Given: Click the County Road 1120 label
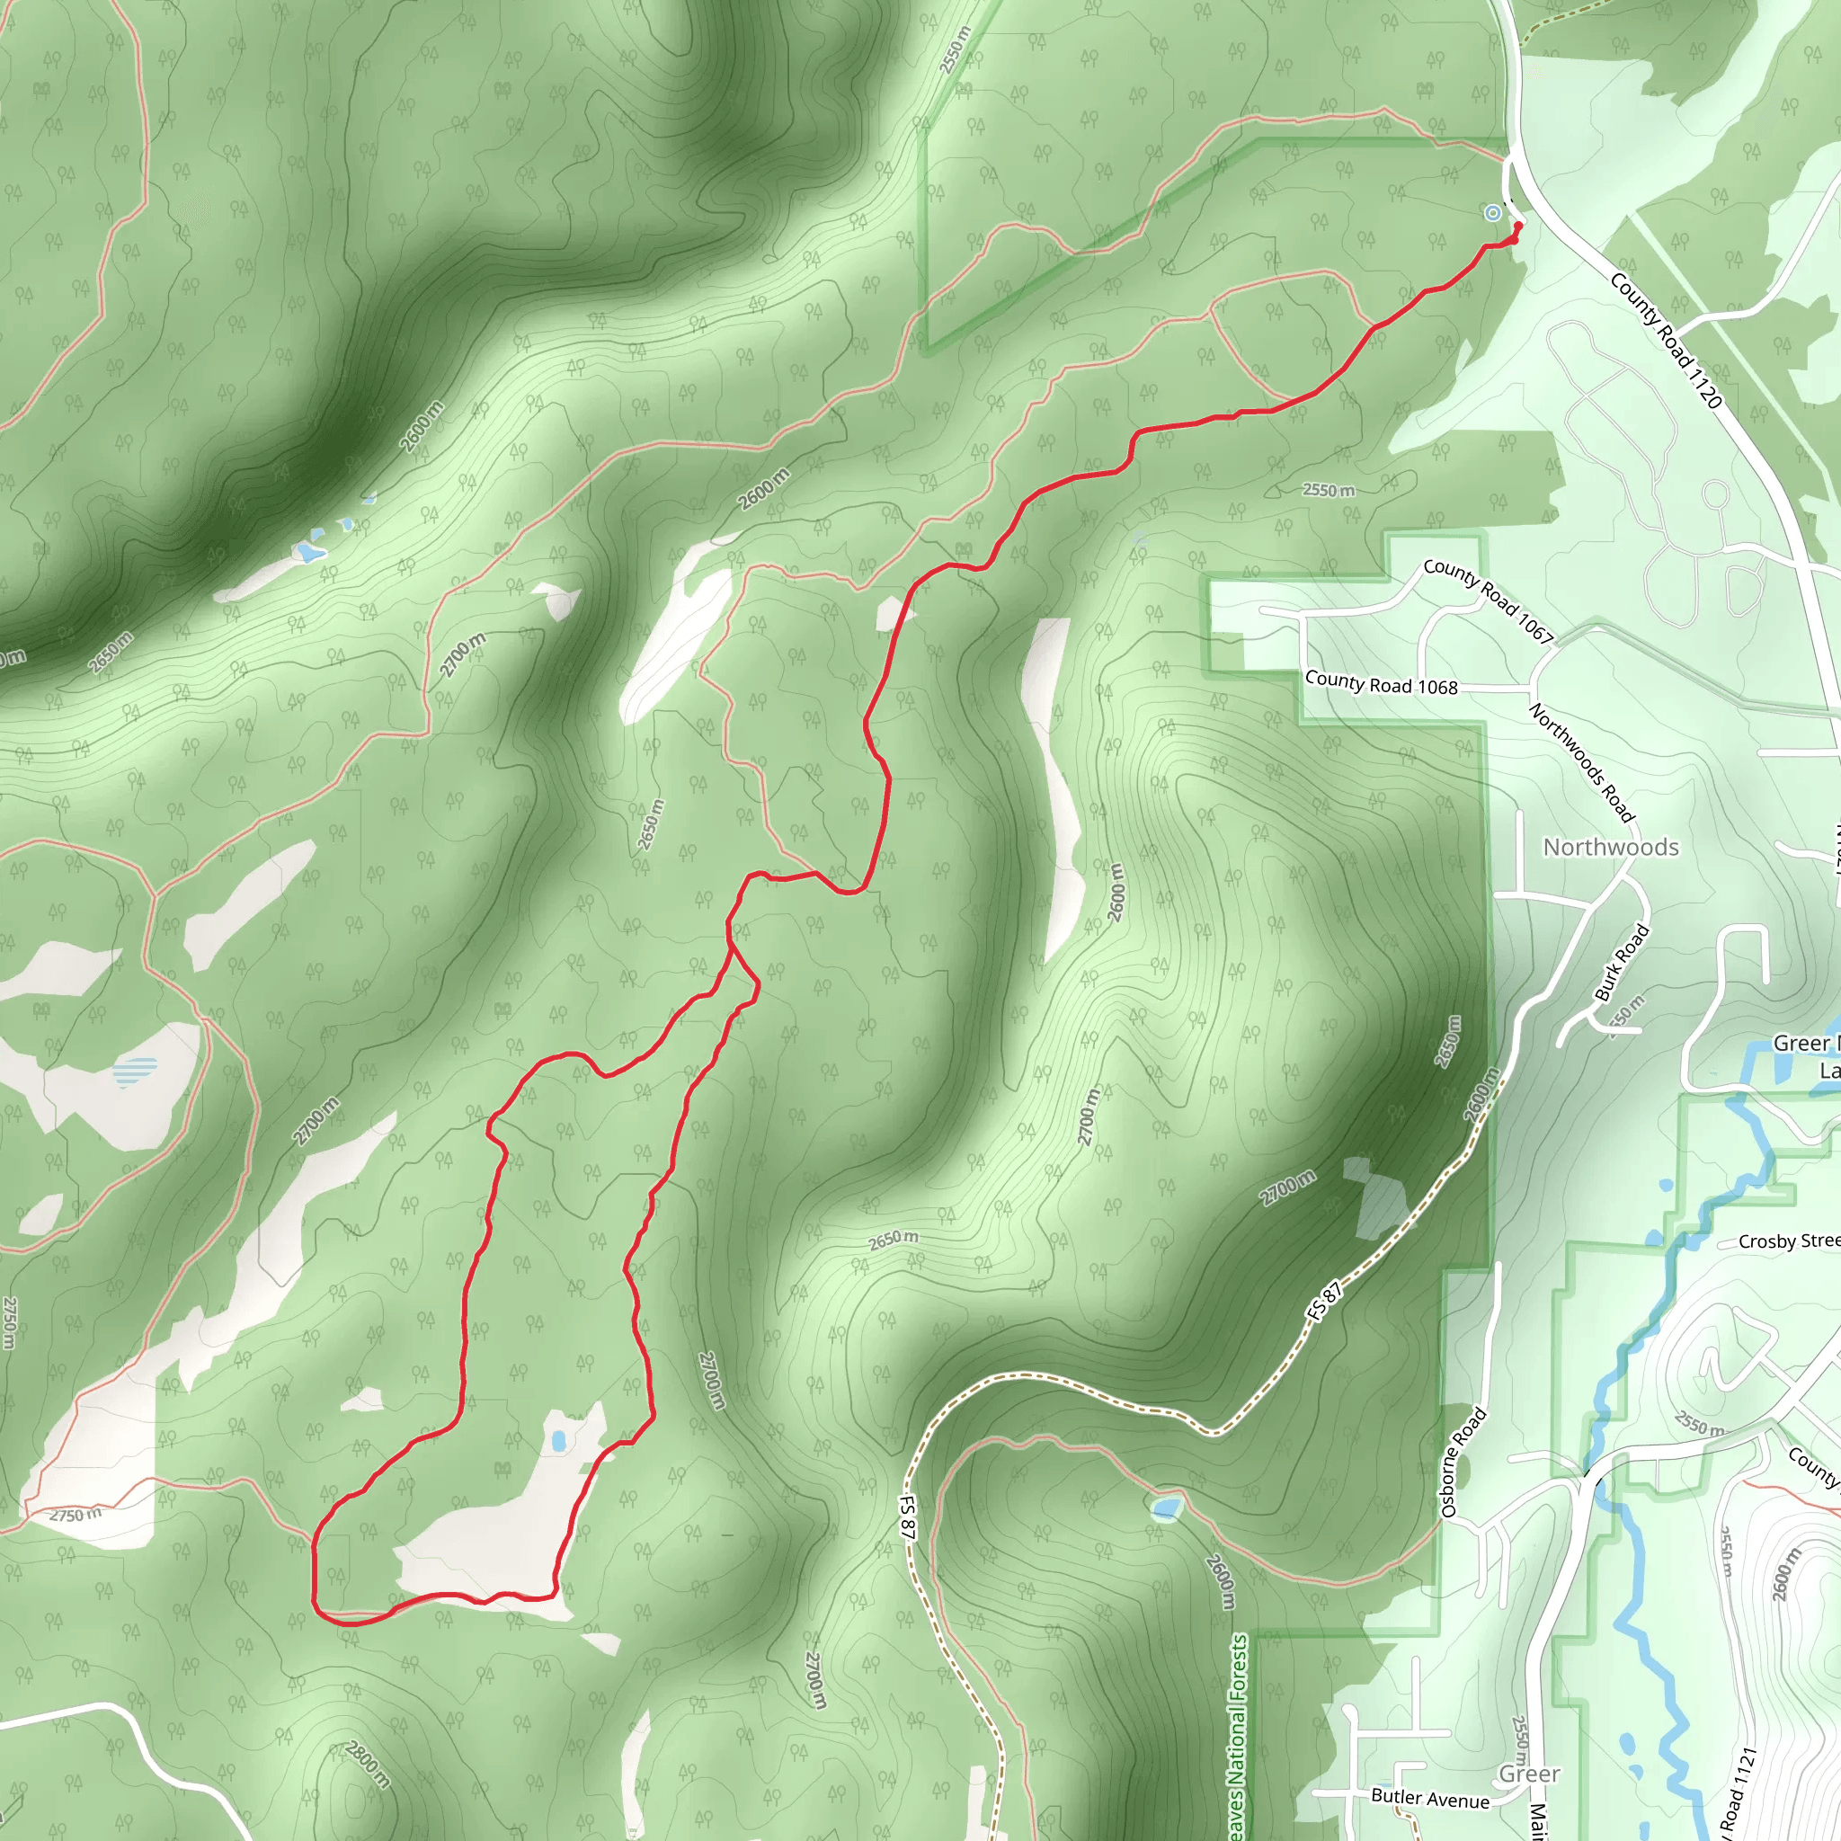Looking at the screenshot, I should [x=1666, y=340].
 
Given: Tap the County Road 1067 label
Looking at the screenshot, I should [x=1488, y=600].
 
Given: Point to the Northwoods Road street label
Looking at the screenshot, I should [x=1582, y=762].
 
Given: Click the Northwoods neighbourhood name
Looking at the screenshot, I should [x=1610, y=847].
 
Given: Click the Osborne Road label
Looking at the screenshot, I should [x=1463, y=1463].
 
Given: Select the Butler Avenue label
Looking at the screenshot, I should [x=1429, y=1797].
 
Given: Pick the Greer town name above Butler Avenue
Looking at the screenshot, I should [x=1529, y=1774].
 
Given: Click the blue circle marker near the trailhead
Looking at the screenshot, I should [x=1492, y=213].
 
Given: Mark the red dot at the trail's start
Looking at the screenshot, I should [x=1518, y=226].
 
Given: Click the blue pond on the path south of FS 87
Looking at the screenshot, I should [x=1165, y=1507].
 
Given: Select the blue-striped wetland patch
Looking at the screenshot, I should [x=136, y=1072].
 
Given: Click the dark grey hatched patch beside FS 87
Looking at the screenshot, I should [x=1376, y=1196].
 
